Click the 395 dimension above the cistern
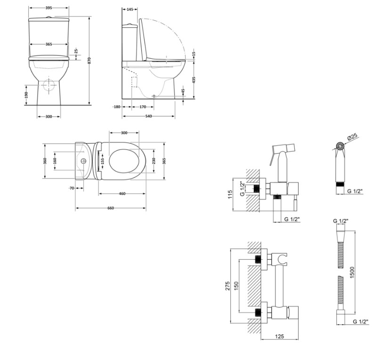pyautogui.click(x=49, y=8)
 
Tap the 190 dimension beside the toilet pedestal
pyautogui.click(x=26, y=94)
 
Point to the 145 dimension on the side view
pyautogui.click(x=130, y=9)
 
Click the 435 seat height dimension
pyautogui.click(x=194, y=80)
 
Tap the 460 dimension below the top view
pyautogui.click(x=122, y=194)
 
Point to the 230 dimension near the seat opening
pyautogui.click(x=154, y=161)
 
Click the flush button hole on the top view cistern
pyautogui.click(x=83, y=161)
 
